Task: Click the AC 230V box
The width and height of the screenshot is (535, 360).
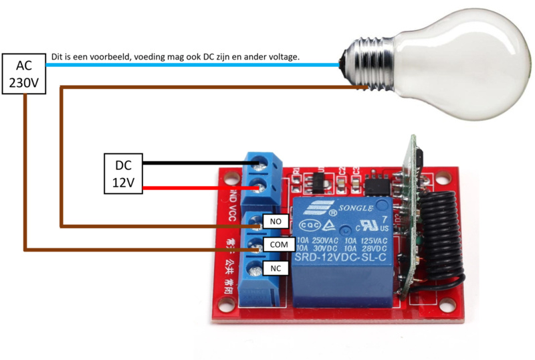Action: [x=23, y=74]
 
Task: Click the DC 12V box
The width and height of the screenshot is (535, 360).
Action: [x=123, y=173]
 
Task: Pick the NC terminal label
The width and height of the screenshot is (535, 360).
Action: [x=274, y=268]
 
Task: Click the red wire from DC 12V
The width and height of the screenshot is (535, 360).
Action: [x=194, y=188]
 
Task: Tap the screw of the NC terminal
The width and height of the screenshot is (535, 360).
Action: [x=255, y=270]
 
